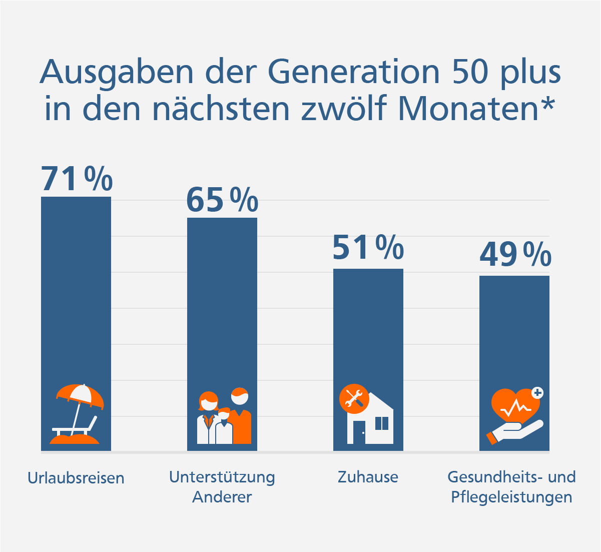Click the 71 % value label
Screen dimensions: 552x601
click(77, 179)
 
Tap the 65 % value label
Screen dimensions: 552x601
click(222, 200)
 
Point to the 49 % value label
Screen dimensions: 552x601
click(515, 254)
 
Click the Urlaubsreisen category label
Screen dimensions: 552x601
click(76, 478)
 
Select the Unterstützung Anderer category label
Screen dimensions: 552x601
click(222, 487)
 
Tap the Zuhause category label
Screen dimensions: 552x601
click(368, 477)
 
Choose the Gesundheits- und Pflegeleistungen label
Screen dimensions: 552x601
click(511, 487)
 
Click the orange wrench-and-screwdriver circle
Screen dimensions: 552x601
click(354, 399)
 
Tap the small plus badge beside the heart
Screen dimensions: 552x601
click(537, 392)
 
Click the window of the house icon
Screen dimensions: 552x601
click(381, 423)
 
